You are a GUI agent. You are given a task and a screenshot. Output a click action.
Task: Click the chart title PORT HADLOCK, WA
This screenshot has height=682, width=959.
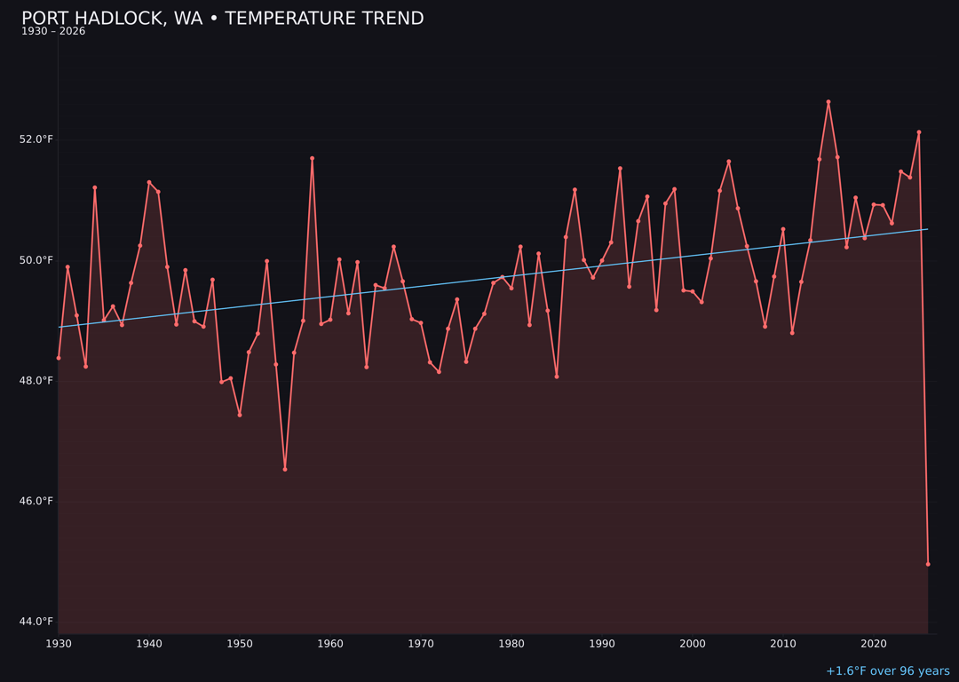tap(222, 19)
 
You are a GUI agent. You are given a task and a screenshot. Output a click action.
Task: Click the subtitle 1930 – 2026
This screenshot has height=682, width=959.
tap(53, 32)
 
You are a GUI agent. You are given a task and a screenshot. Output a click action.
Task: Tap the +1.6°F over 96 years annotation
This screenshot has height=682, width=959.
tap(887, 671)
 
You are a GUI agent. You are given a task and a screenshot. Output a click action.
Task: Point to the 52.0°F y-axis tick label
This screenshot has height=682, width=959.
tap(36, 139)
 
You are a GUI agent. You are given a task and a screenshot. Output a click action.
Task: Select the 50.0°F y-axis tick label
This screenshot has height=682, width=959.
tap(36, 260)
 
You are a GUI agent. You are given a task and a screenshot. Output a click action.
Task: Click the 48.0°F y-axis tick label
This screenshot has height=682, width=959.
tap(36, 381)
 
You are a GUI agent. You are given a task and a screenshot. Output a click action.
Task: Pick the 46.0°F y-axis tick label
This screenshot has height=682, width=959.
tap(36, 501)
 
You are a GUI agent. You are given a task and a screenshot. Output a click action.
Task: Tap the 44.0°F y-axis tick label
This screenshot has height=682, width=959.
tap(36, 622)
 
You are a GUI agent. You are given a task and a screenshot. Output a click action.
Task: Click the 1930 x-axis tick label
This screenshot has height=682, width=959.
tap(59, 644)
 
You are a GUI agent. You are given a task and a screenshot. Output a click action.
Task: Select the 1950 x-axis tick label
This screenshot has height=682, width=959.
tap(240, 644)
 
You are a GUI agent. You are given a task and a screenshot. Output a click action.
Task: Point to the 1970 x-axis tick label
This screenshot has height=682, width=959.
tap(421, 644)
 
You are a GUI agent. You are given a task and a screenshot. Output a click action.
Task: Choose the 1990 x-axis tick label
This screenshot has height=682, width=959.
tap(602, 644)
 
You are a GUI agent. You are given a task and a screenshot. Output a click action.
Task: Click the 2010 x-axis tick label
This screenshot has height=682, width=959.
tap(783, 644)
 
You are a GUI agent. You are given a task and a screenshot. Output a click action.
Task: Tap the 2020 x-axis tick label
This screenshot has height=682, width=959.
tap(874, 644)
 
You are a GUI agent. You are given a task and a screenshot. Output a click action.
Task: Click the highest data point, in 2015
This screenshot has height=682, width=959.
tap(828, 102)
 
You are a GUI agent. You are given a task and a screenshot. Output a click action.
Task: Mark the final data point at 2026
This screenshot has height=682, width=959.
tap(928, 564)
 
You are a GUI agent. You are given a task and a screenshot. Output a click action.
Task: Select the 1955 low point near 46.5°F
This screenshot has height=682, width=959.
tap(285, 469)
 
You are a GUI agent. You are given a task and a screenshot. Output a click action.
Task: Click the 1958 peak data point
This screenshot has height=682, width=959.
tap(312, 158)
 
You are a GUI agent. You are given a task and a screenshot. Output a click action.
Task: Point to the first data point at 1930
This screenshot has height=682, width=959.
tap(59, 358)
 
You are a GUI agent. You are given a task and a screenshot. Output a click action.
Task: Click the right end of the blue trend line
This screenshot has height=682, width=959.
tap(927, 229)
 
